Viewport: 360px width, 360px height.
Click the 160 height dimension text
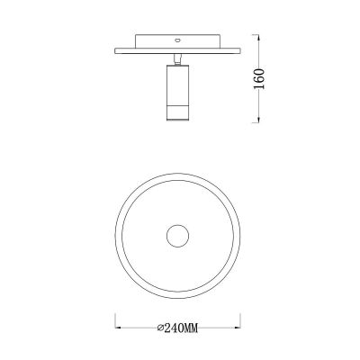pos(258,78)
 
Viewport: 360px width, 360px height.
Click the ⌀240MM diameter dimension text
pos(177,328)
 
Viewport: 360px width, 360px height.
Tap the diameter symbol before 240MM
pos(160,328)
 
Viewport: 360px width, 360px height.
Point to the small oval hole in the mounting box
pos(177,40)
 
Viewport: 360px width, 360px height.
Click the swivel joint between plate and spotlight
pos(177,59)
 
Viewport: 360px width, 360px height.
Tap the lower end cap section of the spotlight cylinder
pos(177,113)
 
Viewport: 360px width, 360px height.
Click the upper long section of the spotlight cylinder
pos(177,85)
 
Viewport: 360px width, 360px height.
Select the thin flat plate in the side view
pos(177,51)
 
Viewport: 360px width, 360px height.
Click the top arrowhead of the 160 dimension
pos(258,37)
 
